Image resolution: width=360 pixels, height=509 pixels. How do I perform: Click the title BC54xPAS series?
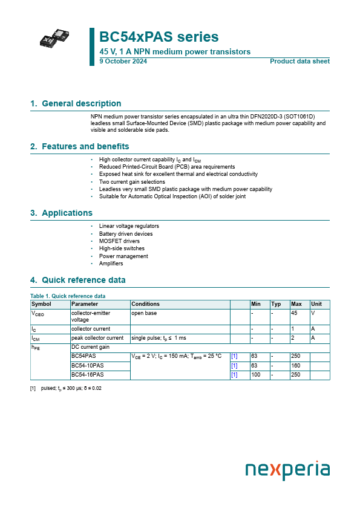[x=159, y=37]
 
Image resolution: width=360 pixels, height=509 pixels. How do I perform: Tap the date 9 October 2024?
[x=123, y=61]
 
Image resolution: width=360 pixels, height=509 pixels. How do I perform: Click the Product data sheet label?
[x=299, y=61]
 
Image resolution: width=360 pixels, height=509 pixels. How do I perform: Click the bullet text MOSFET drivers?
[x=119, y=241]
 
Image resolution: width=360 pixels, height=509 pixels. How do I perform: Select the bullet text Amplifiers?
[x=111, y=264]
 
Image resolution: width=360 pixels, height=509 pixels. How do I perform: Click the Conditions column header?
[x=145, y=304]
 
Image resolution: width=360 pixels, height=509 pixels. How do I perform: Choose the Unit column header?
[x=316, y=304]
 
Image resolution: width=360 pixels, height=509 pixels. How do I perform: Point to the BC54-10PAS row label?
[x=87, y=366]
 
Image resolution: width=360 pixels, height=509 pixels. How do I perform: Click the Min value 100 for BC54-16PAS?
[x=257, y=375]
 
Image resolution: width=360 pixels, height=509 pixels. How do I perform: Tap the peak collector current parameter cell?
[x=97, y=338]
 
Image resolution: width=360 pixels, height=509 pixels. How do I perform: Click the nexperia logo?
[x=287, y=470]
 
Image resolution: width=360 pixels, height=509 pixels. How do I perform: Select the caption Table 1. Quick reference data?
[x=68, y=296]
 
